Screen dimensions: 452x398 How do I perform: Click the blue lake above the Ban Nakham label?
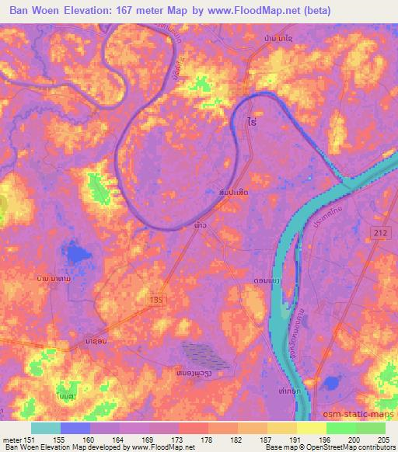click(x=76, y=253)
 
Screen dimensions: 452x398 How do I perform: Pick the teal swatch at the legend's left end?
click(x=46, y=428)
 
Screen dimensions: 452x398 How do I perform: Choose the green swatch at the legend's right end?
click(x=371, y=428)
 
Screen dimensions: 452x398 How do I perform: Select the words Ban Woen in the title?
click(x=35, y=11)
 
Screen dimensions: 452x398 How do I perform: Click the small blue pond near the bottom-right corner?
click(x=332, y=382)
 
